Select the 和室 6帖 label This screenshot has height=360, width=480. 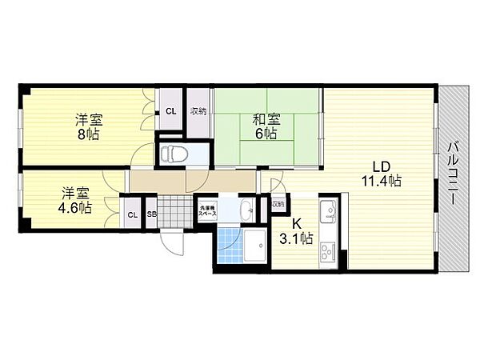pos(266,126)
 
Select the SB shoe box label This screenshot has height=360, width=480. pos(151,214)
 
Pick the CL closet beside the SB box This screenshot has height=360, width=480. pos(132,214)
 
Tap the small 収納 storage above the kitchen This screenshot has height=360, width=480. pos(278,205)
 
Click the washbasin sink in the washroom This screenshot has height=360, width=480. pos(246,211)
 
